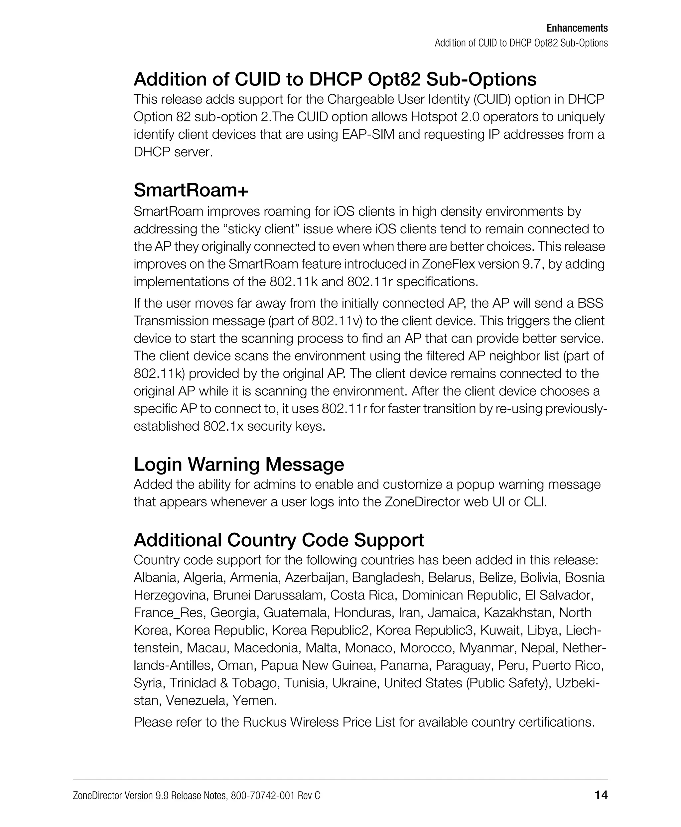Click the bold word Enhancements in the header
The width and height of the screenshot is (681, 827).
coord(577,28)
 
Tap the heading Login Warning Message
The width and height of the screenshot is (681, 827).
coord(238,465)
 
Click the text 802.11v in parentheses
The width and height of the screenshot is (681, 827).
coord(336,321)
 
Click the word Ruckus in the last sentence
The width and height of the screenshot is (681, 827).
coord(264,722)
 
